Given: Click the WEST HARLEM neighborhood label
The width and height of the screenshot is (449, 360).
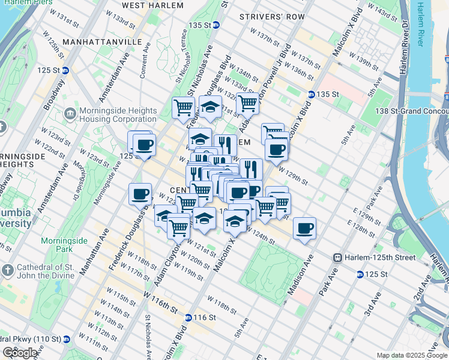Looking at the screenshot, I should (x=152, y=5).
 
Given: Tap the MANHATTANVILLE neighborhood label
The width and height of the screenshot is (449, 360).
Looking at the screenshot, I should (x=101, y=43).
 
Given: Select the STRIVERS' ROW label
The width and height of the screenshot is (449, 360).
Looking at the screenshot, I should (x=272, y=17).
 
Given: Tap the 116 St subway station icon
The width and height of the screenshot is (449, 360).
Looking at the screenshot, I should (x=188, y=317).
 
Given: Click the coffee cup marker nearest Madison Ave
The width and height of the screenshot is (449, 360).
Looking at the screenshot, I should (x=305, y=229).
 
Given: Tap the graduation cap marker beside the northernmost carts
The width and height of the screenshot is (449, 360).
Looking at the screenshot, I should (x=210, y=108).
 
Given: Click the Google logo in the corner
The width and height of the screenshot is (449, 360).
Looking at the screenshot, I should (x=20, y=353).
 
